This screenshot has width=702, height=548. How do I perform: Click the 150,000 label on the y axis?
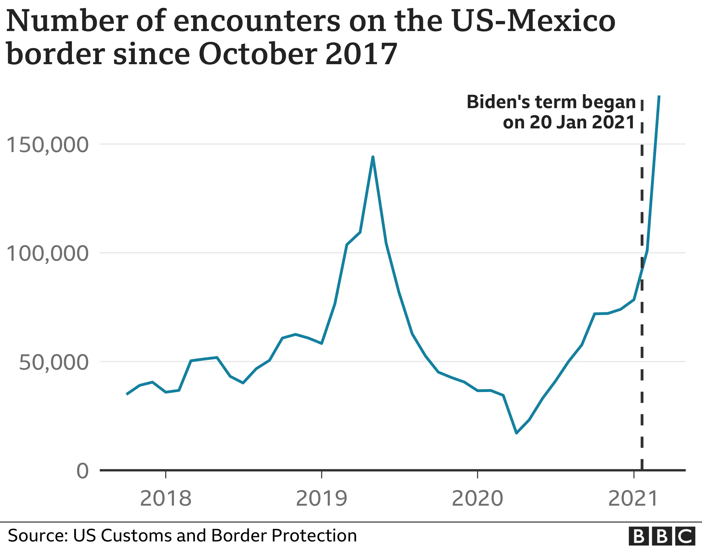(47, 145)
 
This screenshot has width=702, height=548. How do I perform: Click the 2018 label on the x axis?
(166, 499)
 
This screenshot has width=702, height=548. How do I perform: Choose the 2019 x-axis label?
(322, 499)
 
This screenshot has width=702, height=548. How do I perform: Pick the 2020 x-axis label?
(477, 499)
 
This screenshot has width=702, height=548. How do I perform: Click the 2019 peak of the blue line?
(373, 157)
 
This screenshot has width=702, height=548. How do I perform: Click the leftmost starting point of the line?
(127, 394)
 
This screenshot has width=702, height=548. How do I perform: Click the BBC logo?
(664, 536)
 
